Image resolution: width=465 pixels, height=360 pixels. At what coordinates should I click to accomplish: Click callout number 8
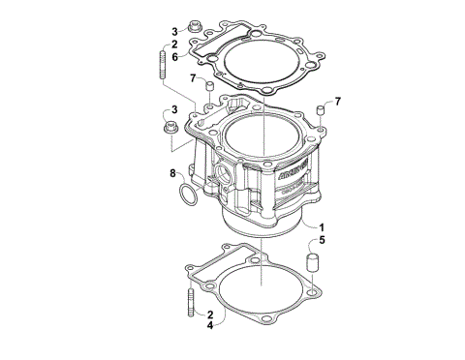click(x=172, y=174)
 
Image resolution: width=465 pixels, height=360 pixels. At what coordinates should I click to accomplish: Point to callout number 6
click(x=173, y=57)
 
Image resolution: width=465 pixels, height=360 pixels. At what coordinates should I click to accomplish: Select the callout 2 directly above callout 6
click(x=173, y=44)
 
